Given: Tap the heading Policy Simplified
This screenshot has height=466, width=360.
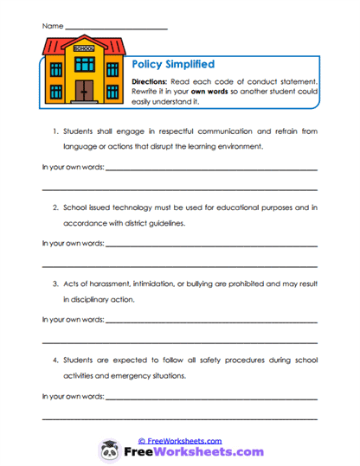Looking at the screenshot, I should (x=172, y=64).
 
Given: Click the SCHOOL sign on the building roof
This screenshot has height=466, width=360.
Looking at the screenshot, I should (x=84, y=48).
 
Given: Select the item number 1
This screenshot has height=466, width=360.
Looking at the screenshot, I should (x=54, y=131).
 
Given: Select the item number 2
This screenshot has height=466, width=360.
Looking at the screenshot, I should (x=54, y=207).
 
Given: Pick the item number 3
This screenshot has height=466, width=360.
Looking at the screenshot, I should (x=54, y=284).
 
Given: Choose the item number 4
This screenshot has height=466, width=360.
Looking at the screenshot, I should (x=54, y=360).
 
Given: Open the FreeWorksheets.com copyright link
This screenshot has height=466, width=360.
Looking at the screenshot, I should (x=180, y=440).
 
